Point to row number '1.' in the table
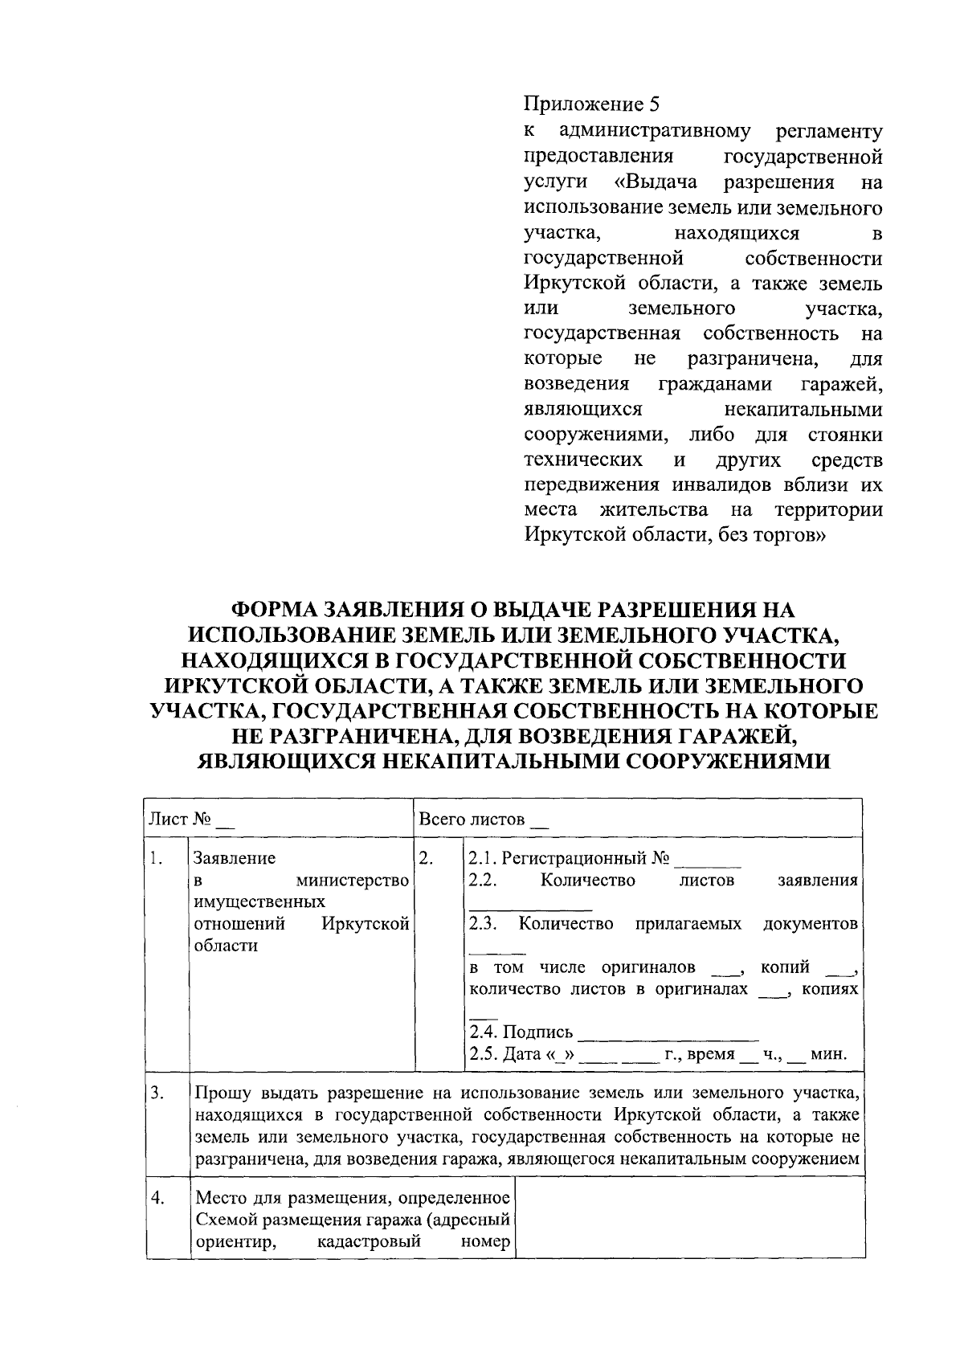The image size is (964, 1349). pyautogui.click(x=156, y=858)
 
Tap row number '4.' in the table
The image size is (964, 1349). pyautogui.click(x=157, y=1199)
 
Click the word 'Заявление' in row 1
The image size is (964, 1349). pyautogui.click(x=235, y=858)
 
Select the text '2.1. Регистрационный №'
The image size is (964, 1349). pyautogui.click(x=569, y=858)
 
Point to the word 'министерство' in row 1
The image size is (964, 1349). pyautogui.click(x=353, y=881)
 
